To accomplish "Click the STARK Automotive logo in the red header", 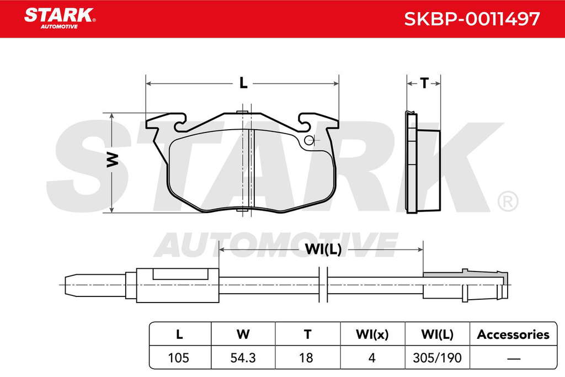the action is coord(60,18).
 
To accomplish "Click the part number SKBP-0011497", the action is coord(472,19).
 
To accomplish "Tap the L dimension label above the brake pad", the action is coord(243,83).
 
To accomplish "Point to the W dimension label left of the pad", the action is coord(113,160).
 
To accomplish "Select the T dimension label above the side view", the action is coord(424,83).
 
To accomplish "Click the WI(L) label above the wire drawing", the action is coord(323,249).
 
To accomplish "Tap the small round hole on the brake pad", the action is coord(309,140).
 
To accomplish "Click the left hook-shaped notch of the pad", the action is coord(180,123).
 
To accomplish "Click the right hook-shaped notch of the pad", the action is coord(304,123).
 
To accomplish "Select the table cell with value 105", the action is coord(179,358).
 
